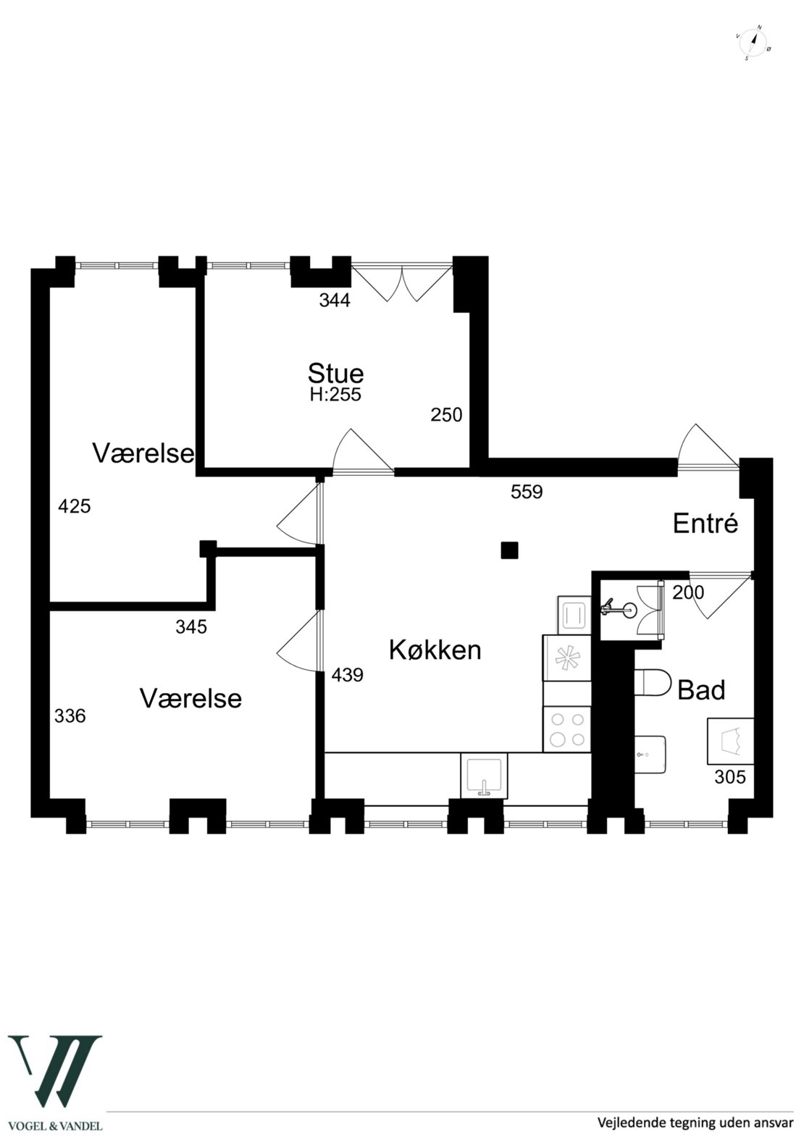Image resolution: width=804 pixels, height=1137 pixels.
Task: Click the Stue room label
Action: tap(335, 374)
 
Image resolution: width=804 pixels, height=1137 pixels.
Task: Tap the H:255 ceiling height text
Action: tap(335, 395)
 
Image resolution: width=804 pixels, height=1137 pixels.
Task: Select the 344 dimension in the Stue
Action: tap(335, 301)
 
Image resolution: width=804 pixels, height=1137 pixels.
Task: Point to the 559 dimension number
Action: tap(527, 492)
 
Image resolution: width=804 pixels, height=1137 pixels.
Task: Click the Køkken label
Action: tap(435, 650)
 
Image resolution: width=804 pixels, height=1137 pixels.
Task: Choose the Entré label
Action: tap(705, 523)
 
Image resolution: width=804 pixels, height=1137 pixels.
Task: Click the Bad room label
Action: tap(700, 690)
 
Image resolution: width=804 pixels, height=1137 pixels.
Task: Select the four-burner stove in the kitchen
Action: tap(567, 729)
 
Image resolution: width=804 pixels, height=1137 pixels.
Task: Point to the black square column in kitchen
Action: tap(510, 550)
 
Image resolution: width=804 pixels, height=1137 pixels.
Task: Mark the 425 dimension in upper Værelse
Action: tap(74, 506)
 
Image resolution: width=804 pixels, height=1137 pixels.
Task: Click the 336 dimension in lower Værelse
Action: tap(70, 716)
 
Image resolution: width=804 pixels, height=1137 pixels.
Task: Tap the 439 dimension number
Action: tap(347, 675)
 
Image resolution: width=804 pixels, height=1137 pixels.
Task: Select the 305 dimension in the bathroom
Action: tap(729, 777)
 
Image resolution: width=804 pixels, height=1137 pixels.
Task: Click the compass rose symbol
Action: tap(754, 42)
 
